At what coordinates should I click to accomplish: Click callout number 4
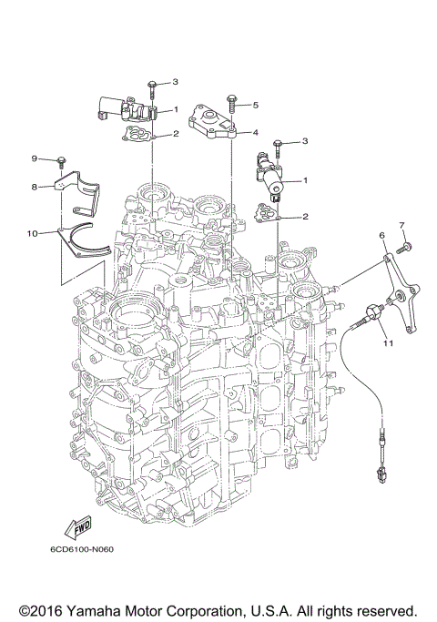256,132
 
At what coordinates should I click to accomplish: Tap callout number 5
256,105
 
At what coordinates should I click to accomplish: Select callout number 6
383,235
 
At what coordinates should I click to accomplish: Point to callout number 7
400,224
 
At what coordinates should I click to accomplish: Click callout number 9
35,159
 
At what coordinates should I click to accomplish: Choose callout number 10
32,233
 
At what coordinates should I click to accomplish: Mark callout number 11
387,343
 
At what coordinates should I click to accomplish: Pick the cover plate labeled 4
212,120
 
